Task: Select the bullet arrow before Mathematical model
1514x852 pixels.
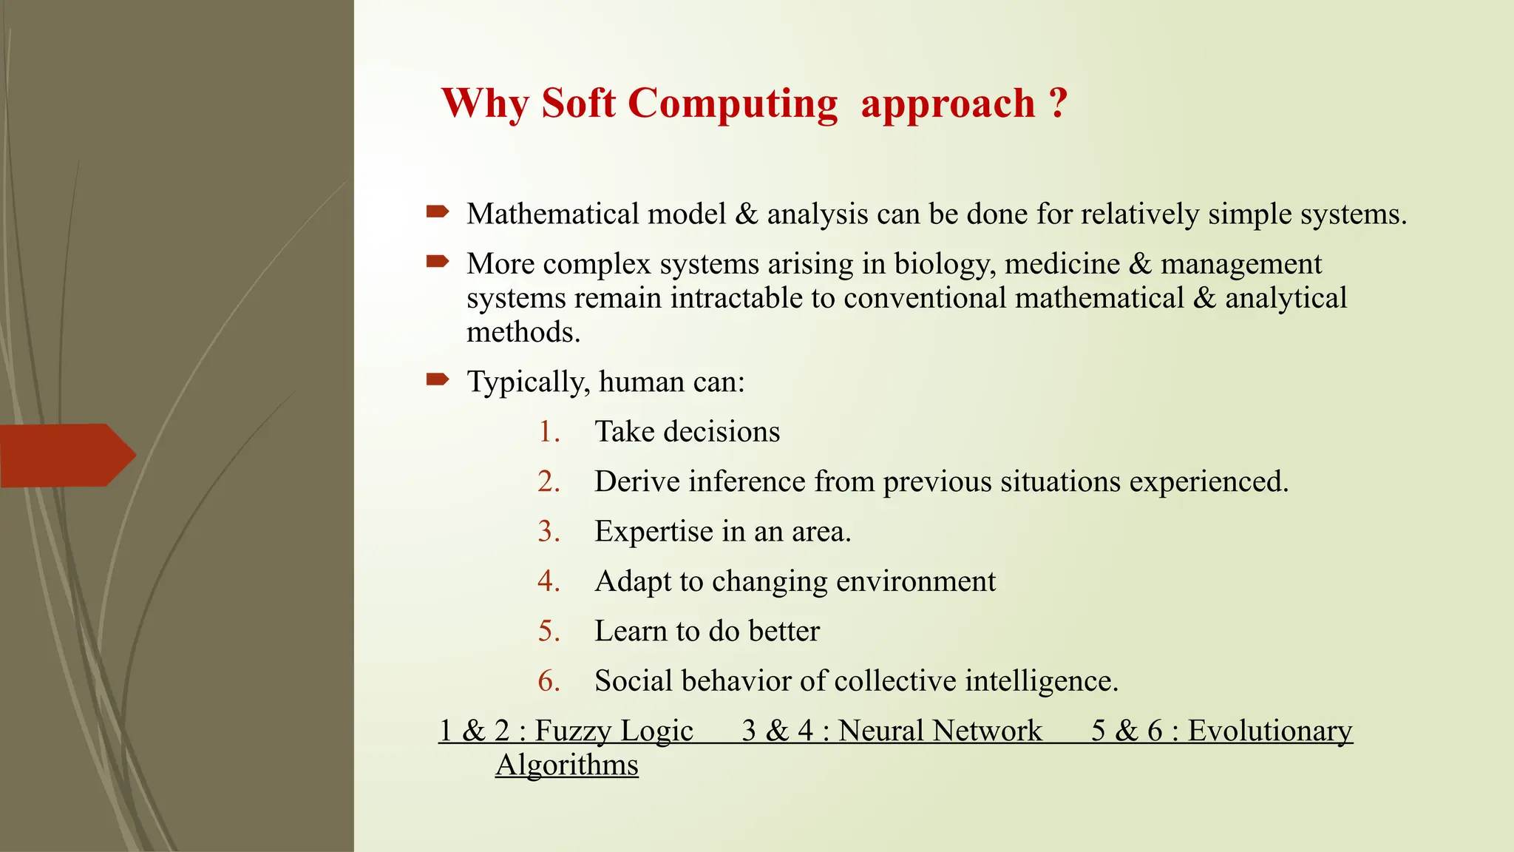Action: tap(438, 212)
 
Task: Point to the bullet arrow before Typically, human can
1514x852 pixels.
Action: tap(438, 380)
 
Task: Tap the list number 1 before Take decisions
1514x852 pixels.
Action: tap(548, 431)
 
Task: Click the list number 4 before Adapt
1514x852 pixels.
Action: tap(548, 581)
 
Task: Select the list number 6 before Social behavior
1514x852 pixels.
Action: tap(548, 680)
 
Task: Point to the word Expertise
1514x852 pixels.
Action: tap(654, 532)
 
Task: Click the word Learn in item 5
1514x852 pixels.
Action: tap(631, 631)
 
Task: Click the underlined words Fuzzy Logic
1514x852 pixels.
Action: tap(614, 731)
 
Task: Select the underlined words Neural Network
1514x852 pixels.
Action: tap(940, 731)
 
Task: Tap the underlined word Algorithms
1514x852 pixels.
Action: tap(566, 765)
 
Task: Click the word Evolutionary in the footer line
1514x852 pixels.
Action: tap(1269, 731)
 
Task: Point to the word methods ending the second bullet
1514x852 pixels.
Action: tap(522, 332)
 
